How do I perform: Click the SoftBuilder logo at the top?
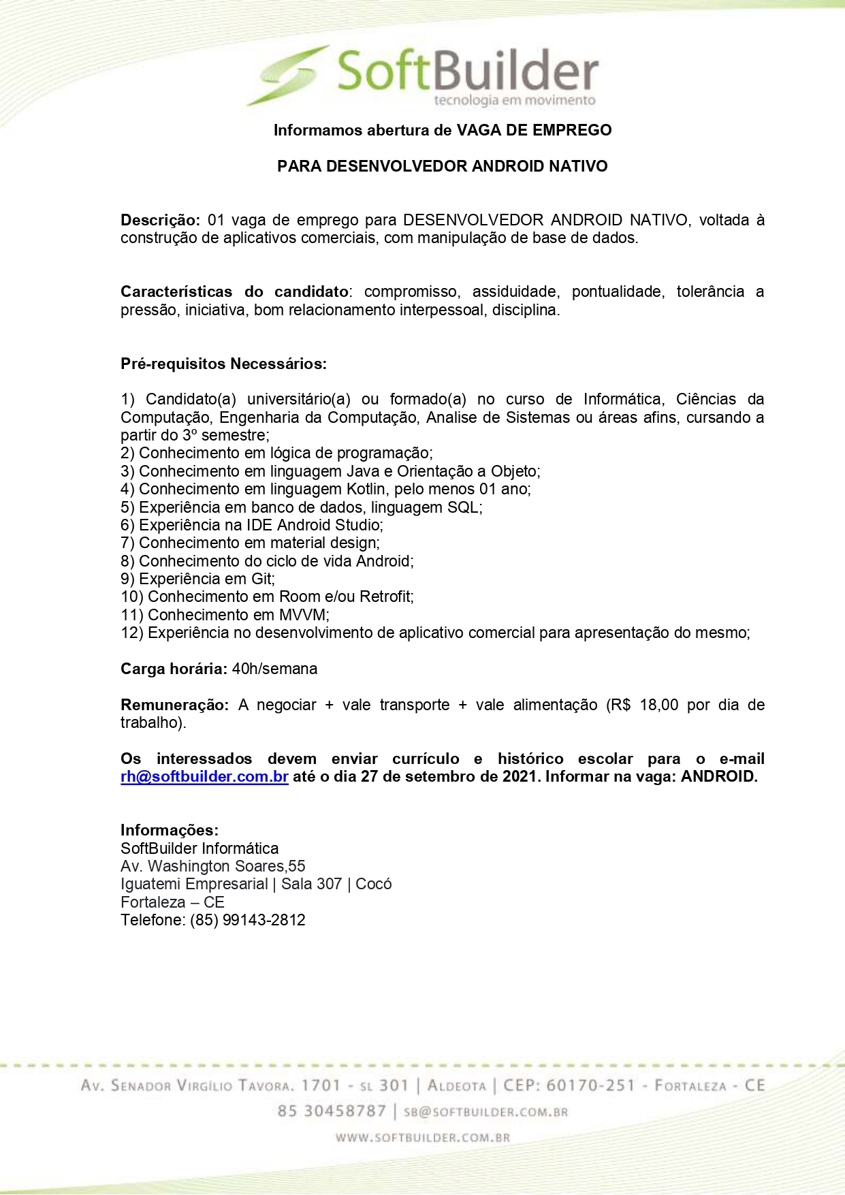coord(422,74)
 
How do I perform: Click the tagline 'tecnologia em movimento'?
coord(514,101)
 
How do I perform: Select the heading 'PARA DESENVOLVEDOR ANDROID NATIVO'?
coord(442,166)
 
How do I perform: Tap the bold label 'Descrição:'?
coord(160,220)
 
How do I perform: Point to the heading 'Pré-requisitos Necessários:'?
coord(223,364)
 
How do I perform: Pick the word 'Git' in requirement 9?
coord(261,579)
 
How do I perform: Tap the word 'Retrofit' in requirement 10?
coord(385,596)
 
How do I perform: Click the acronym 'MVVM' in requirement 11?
coord(303,615)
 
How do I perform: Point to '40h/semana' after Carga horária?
coord(274,669)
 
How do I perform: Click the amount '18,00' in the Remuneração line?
coord(658,705)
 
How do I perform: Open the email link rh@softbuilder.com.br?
coord(204,777)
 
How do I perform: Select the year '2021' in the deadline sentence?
coord(520,777)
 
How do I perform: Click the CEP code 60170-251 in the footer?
coord(590,1085)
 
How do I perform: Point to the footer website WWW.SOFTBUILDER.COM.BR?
coord(422,1137)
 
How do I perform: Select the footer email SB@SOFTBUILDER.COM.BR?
coord(485,1112)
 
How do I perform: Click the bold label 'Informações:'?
coord(170,830)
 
